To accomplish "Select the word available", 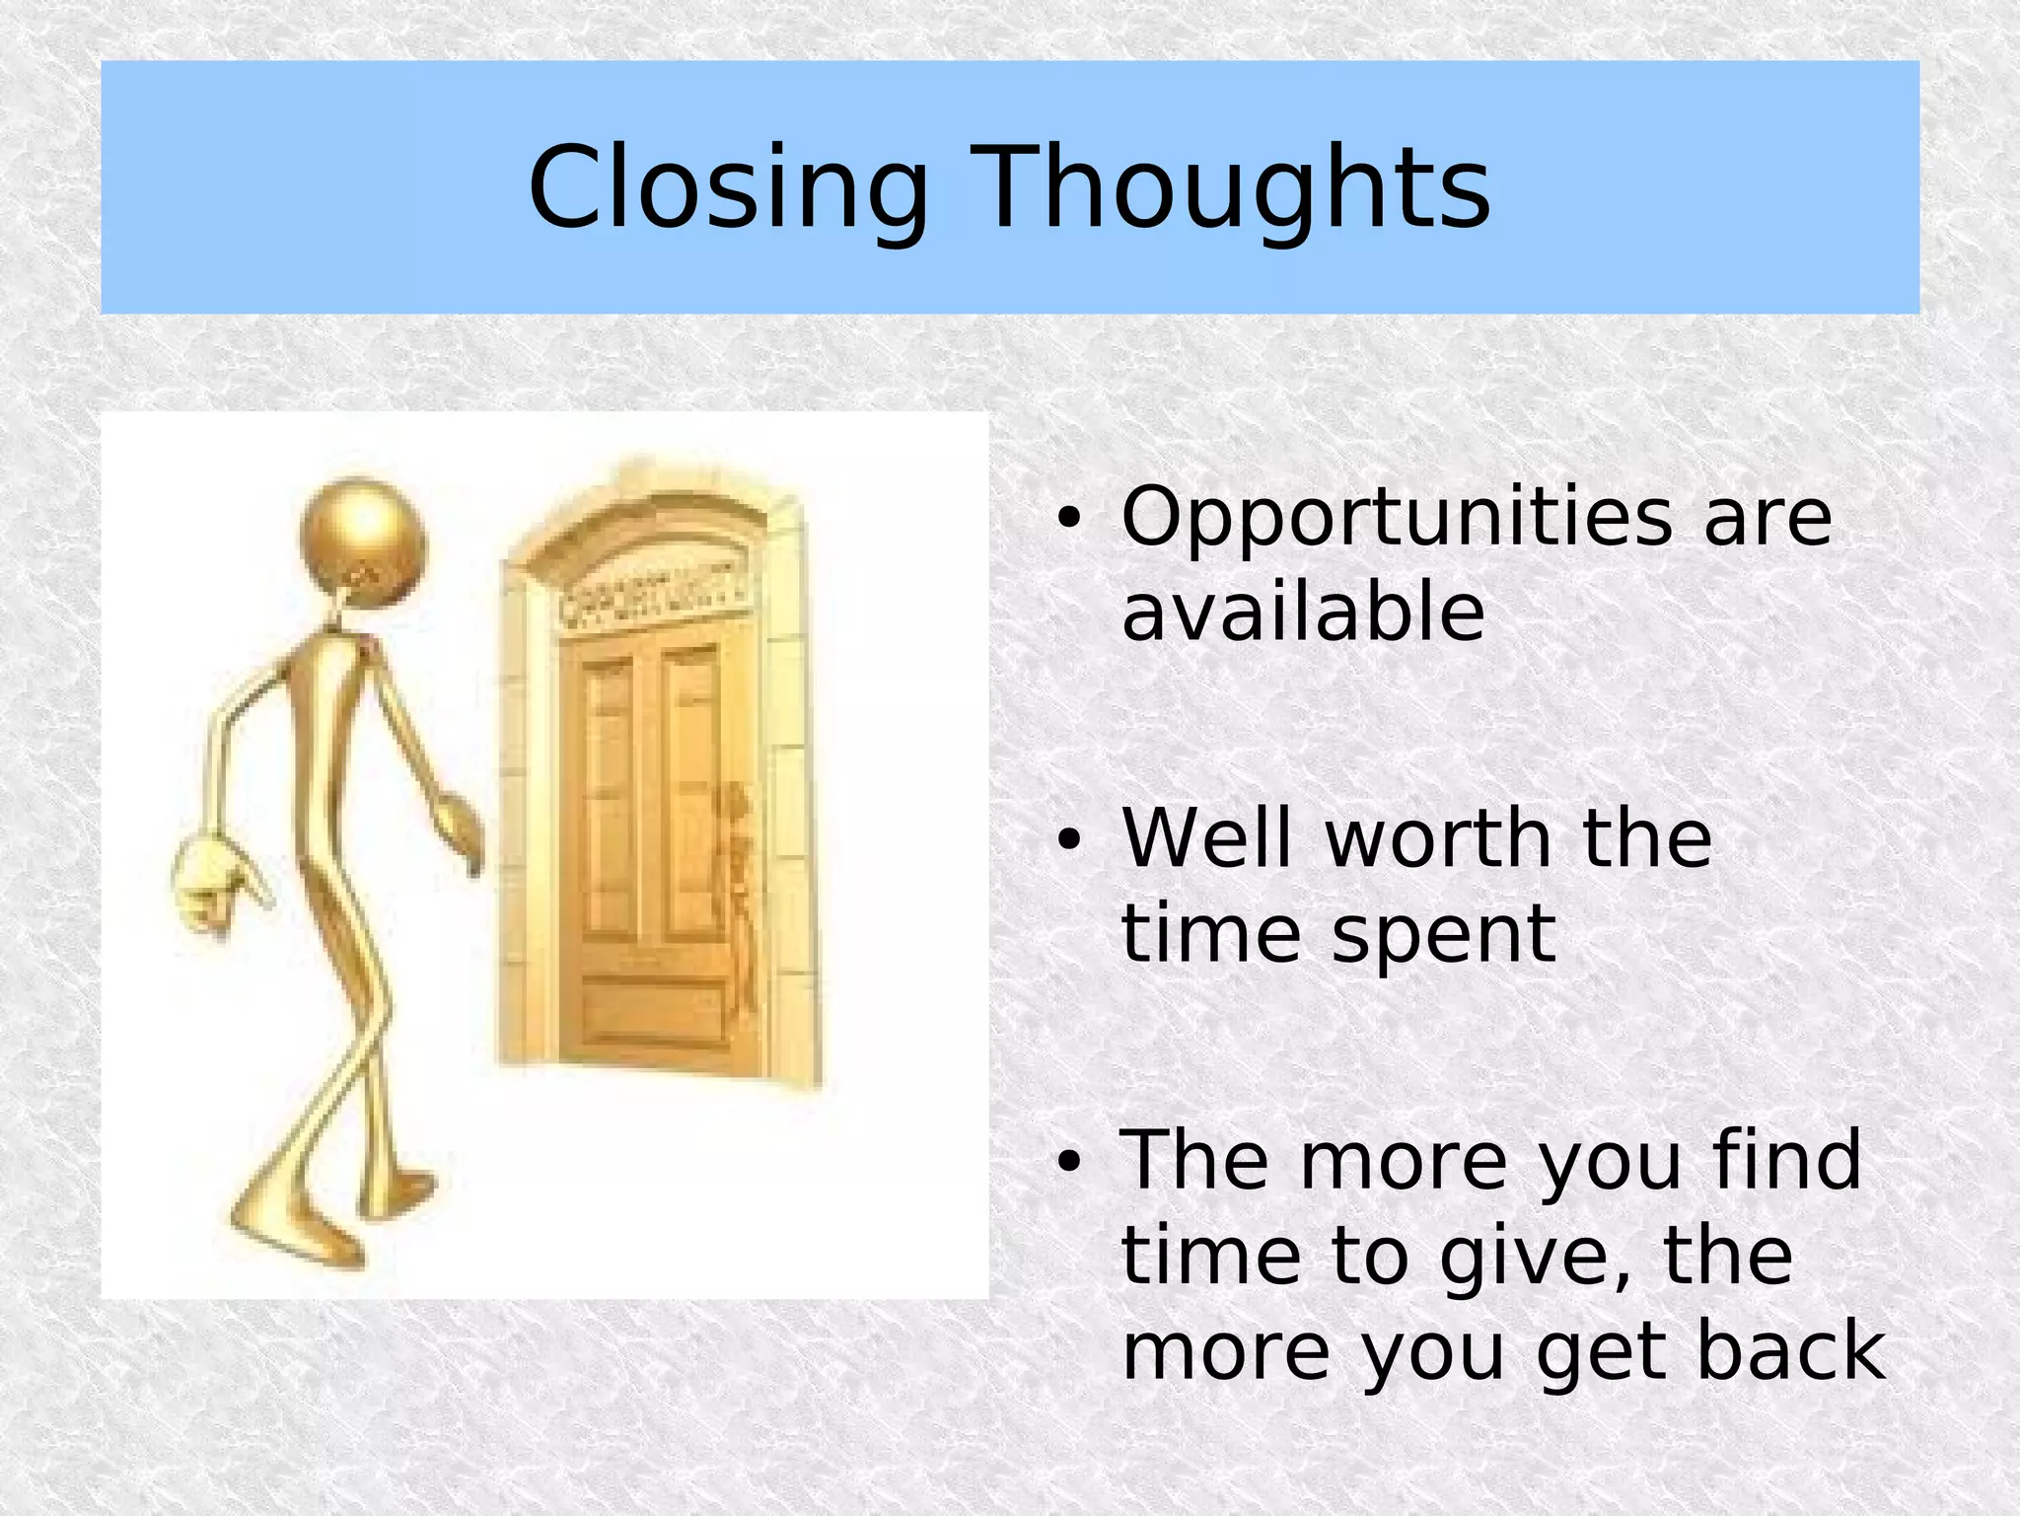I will click(1303, 612).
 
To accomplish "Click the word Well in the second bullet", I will click(1205, 837).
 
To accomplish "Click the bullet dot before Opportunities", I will click(1068, 519).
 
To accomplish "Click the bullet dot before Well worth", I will click(1068, 840).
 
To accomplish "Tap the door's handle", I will click(736, 819).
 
